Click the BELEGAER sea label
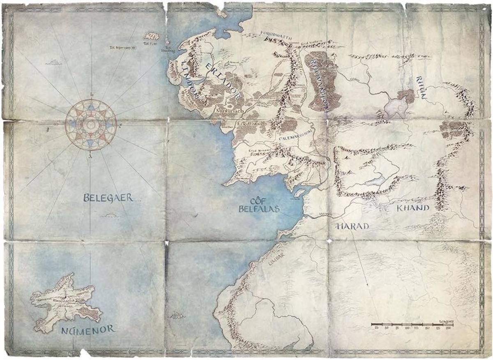point(108,198)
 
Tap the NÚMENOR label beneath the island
point(88,329)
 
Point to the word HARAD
point(353,226)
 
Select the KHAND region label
point(413,208)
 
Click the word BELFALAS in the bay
point(259,209)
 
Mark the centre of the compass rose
point(91,122)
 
